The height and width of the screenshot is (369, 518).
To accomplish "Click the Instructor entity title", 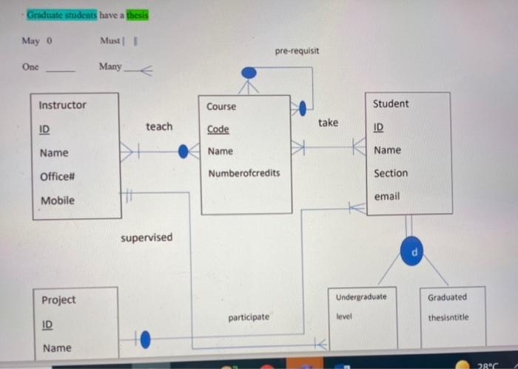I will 62,105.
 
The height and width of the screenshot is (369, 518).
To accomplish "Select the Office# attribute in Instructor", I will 57,177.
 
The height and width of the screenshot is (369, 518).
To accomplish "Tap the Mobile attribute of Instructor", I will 57,200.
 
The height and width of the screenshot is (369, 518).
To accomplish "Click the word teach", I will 159,126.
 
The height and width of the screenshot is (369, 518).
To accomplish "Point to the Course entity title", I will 221,106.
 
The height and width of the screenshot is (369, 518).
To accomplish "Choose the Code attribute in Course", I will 218,129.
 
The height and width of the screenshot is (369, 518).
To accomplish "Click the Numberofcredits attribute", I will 244,173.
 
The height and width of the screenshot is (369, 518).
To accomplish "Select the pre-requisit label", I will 297,52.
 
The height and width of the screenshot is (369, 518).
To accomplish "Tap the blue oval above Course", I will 249,72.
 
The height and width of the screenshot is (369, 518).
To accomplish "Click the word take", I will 328,122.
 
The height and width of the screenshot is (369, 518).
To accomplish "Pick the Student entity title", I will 390,104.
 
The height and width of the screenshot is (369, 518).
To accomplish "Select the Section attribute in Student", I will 391,173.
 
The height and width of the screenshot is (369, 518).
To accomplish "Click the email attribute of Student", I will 386,196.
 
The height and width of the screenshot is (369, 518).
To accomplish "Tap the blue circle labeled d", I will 415,252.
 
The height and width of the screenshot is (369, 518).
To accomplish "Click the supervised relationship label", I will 147,237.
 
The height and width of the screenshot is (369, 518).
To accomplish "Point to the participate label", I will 249,316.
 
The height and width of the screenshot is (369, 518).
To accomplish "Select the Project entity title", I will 58,299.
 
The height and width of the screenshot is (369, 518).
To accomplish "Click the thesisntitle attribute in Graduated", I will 448,317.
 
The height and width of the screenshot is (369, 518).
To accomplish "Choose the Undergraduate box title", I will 361,297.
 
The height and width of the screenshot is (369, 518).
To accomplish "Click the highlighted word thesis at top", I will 138,15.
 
